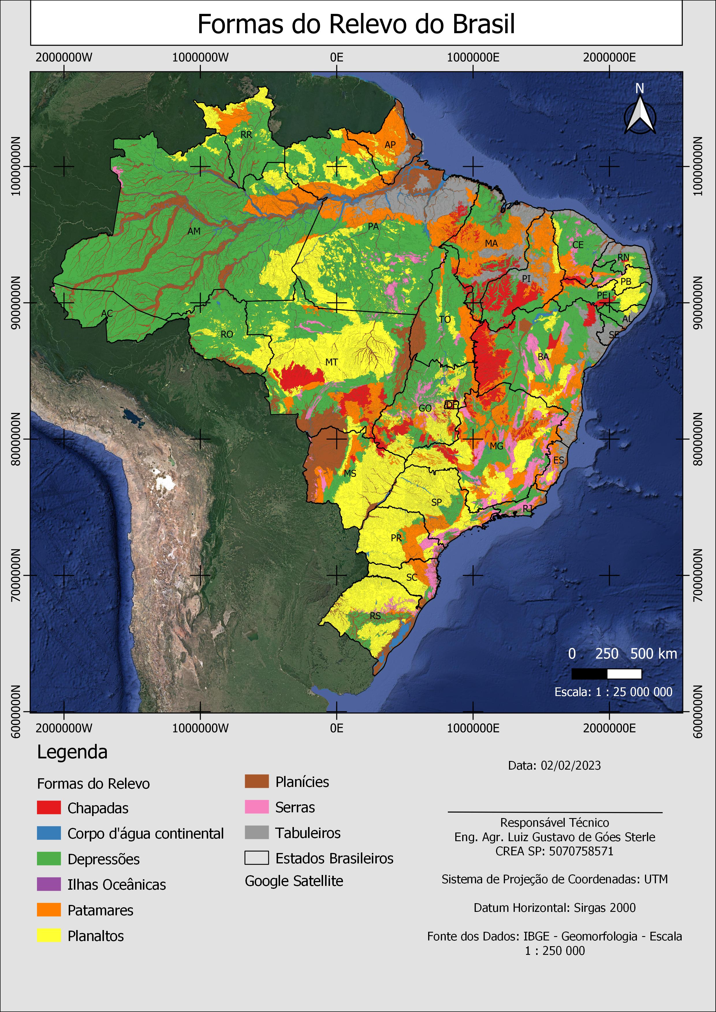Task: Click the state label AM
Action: point(194,231)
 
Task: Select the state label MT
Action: point(331,362)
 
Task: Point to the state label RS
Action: point(375,616)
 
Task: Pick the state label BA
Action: point(543,357)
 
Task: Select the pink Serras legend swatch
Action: point(257,807)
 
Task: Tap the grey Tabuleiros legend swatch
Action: point(257,833)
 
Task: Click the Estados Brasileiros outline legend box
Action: point(257,858)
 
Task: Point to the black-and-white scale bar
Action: point(606,674)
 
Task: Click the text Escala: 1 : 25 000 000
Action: point(613,692)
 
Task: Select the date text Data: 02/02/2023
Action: point(554,765)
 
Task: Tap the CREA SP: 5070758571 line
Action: point(554,851)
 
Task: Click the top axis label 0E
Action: point(336,58)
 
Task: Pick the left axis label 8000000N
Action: point(15,439)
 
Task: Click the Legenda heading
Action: point(72,752)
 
